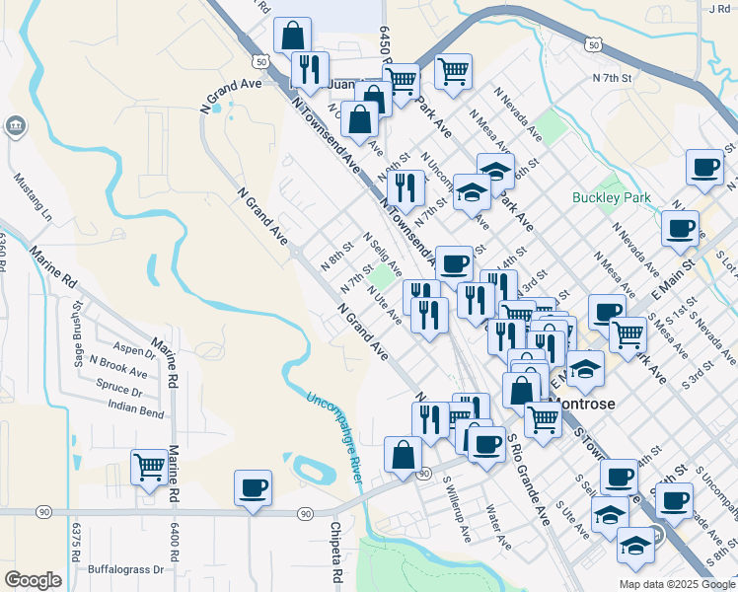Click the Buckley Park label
[612, 197]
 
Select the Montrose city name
[585, 405]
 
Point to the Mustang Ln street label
[32, 197]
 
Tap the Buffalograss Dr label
[125, 569]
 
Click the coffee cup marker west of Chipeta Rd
[253, 487]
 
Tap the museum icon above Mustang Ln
[15, 127]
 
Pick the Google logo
[33, 580]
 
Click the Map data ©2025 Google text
[677, 583]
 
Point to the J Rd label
[719, 8]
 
